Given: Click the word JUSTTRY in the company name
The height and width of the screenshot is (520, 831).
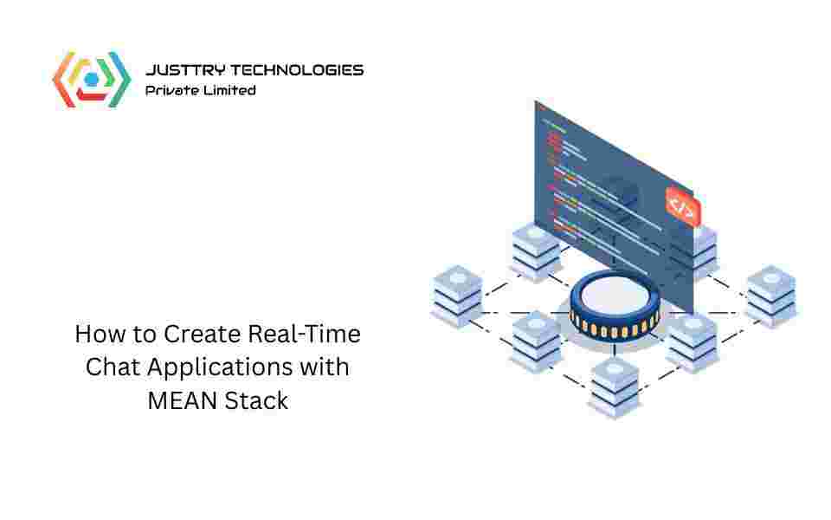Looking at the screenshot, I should point(177,70).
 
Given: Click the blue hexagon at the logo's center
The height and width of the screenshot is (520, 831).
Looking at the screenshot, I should point(91,79).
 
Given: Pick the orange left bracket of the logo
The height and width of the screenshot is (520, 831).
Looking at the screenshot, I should point(61,79).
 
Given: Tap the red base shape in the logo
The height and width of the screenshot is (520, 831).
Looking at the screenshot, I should point(91,94).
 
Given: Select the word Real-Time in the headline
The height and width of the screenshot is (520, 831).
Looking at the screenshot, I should point(305,333).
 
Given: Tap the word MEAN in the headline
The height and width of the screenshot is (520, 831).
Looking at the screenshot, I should point(175,400).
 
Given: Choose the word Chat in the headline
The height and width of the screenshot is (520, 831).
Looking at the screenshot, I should point(113,367).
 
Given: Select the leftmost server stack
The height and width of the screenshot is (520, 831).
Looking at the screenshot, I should point(456,296).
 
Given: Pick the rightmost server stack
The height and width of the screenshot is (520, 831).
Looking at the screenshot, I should point(771,296).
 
